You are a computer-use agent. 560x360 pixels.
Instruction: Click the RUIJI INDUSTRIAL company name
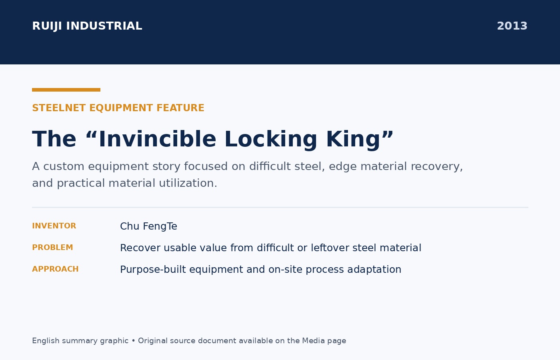[87, 26]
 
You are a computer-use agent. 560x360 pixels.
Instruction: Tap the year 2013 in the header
[512, 26]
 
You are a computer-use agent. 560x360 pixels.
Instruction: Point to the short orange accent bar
[66, 90]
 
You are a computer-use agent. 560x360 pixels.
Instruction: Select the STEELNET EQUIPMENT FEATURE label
[118, 108]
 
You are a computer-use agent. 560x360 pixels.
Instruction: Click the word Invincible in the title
[158, 139]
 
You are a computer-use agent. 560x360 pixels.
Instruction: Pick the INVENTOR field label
[54, 226]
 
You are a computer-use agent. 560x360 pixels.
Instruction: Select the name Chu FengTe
[148, 226]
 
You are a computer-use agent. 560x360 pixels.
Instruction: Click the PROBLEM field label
[52, 248]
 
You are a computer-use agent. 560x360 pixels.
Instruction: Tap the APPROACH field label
[55, 269]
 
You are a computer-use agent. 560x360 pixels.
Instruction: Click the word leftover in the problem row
[330, 248]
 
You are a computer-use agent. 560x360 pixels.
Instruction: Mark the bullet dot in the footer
[133, 341]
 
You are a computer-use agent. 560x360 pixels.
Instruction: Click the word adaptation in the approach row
[374, 270]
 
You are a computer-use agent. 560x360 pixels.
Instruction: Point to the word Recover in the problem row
[140, 248]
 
